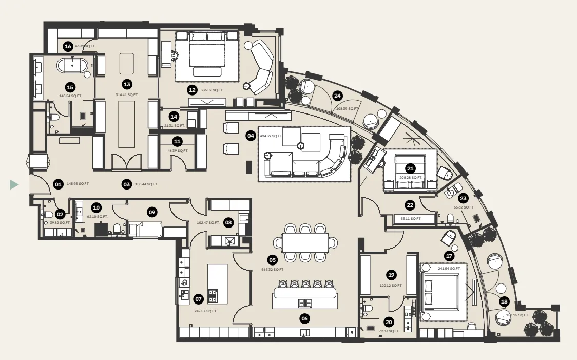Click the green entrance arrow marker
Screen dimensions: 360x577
[14, 184]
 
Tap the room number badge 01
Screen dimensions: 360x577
[58, 184]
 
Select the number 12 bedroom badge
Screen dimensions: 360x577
[192, 90]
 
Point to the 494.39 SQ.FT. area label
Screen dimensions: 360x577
[272, 136]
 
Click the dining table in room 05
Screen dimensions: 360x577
[305, 242]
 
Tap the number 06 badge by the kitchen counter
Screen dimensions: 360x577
[305, 318]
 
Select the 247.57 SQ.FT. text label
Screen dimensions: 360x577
[205, 311]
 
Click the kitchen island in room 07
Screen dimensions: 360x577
[217, 283]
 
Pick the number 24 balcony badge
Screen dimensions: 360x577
[337, 95]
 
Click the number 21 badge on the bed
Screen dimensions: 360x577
[410, 168]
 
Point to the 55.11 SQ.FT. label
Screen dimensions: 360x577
[411, 218]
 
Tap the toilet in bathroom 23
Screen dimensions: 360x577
[450, 220]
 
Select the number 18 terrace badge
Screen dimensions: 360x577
[504, 301]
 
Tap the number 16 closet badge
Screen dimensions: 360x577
[68, 46]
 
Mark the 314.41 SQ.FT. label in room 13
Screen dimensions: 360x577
[127, 95]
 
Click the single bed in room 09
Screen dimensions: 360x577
[146, 228]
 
